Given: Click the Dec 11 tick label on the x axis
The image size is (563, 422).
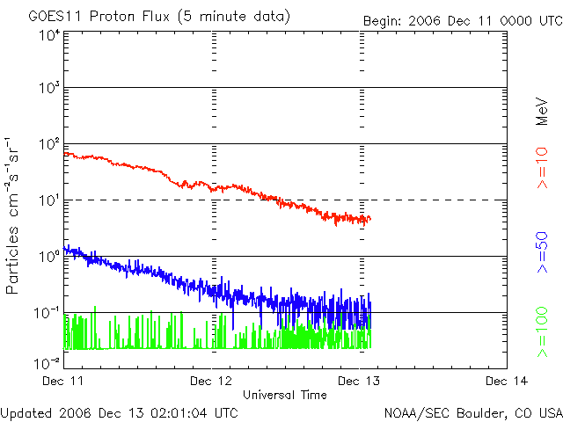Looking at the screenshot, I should tap(64, 381).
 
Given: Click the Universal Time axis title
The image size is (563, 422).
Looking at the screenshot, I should tap(284, 395).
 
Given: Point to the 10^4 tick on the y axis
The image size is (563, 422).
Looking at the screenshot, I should tap(48, 35).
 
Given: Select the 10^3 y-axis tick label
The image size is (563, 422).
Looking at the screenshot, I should tap(48, 90).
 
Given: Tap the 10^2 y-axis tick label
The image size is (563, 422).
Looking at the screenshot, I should tap(48, 146).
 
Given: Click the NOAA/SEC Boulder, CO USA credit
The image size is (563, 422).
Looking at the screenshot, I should tap(472, 412).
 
